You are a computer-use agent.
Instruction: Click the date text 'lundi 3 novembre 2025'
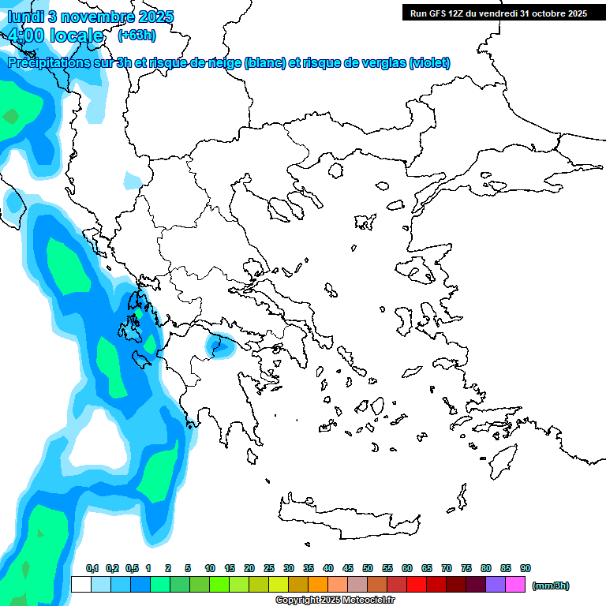[x=90, y=17]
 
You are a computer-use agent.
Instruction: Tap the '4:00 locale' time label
[x=55, y=36]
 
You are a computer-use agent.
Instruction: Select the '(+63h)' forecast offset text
[x=137, y=35]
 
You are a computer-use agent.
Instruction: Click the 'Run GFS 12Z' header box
[x=498, y=13]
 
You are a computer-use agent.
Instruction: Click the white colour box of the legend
[x=80, y=585]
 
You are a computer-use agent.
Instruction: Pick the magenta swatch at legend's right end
[x=515, y=585]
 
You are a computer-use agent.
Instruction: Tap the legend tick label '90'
[x=526, y=568]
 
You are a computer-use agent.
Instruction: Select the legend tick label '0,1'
[x=92, y=568]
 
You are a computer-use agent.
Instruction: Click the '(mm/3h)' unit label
[x=551, y=585]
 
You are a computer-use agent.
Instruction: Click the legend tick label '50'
[x=368, y=568]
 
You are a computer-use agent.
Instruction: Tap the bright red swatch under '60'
[x=417, y=585]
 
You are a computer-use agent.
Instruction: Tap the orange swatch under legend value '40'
[x=318, y=585]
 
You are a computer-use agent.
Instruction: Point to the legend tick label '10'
[x=210, y=568]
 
